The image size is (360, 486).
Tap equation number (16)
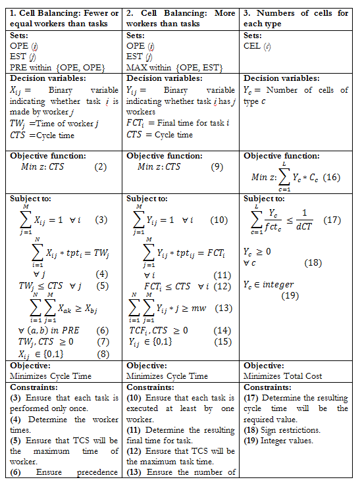coord(331,177)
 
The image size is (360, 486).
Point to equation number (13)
coord(223,307)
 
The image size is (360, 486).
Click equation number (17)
coord(332,220)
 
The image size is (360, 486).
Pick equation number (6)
coord(102,330)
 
